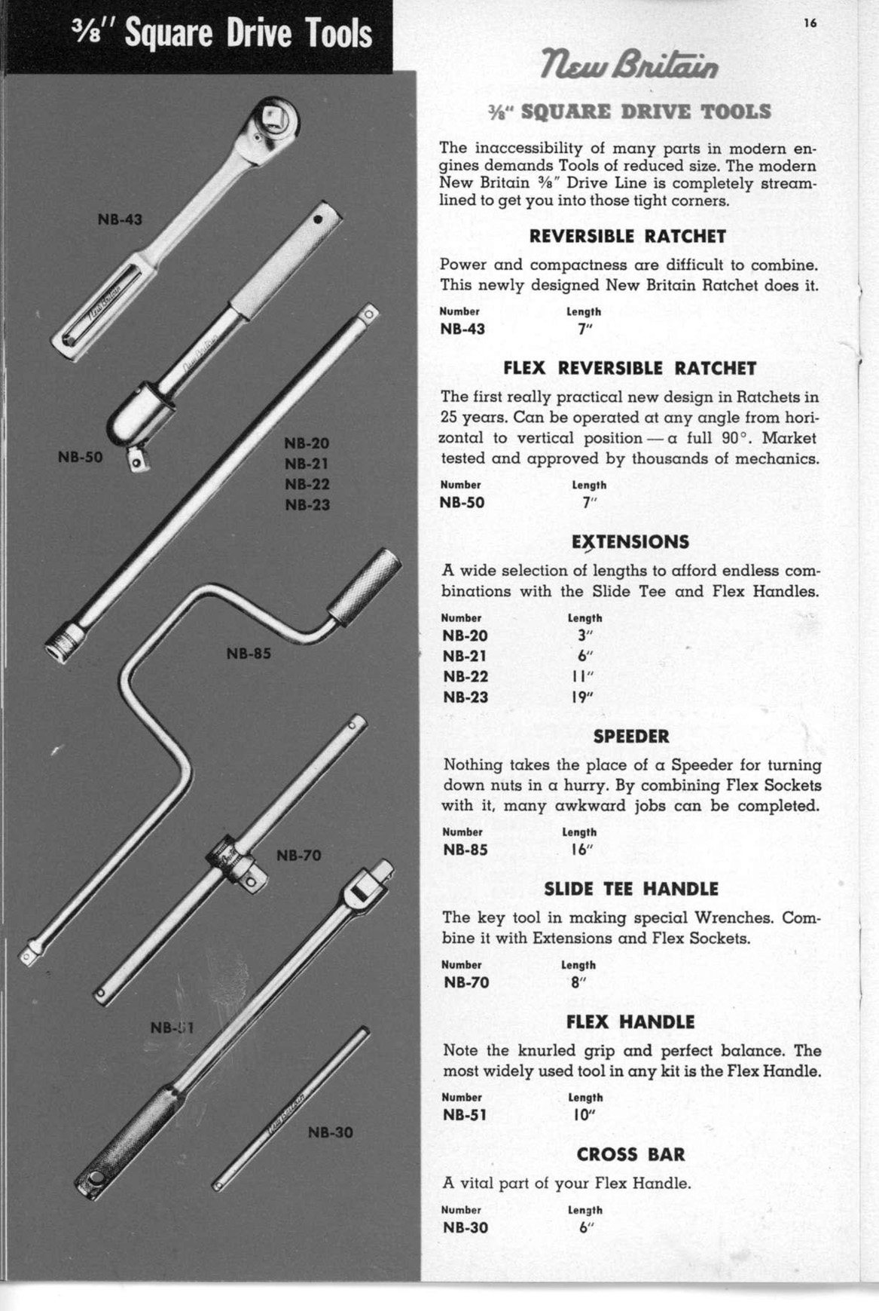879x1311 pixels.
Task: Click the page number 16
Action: (x=810, y=23)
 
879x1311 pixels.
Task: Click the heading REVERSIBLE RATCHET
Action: (x=627, y=237)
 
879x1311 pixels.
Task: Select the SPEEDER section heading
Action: (x=631, y=736)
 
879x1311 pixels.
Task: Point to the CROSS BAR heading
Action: (x=631, y=1155)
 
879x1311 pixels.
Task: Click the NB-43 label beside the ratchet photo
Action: (x=120, y=219)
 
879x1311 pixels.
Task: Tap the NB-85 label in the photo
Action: (x=249, y=654)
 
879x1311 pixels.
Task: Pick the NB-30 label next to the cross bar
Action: (x=331, y=1132)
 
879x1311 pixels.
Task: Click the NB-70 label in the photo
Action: (x=299, y=855)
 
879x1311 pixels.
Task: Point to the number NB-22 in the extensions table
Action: (x=465, y=676)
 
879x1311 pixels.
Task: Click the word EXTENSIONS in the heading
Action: (x=630, y=542)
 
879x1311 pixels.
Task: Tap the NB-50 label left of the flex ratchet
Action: (x=80, y=456)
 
